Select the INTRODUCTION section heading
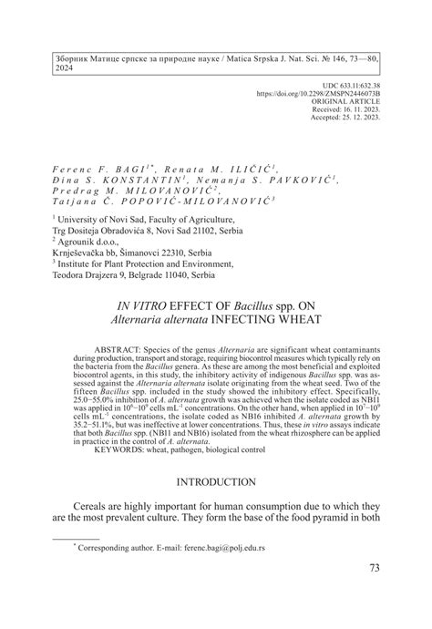click(x=216, y=481)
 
